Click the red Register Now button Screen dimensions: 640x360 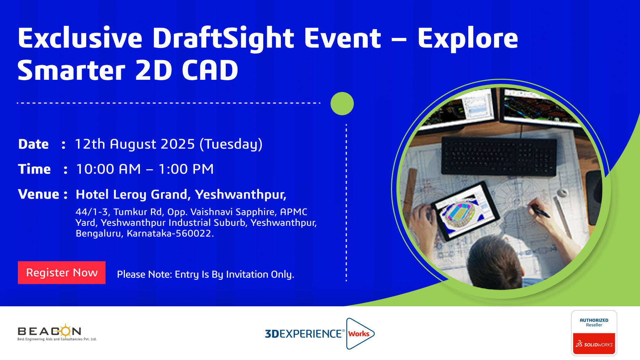point(62,273)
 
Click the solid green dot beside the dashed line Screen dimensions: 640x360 point(342,103)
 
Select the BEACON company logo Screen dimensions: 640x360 point(57,332)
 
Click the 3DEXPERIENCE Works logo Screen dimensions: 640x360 point(319,334)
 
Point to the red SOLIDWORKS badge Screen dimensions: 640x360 point(594,344)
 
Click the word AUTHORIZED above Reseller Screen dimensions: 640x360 point(594,320)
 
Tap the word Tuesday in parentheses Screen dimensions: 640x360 point(231,144)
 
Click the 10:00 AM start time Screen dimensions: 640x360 point(108,169)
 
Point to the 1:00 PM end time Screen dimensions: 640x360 point(186,169)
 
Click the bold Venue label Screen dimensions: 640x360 point(39,194)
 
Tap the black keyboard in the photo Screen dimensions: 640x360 point(499,156)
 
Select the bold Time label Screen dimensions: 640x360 point(34,169)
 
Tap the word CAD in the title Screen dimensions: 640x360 point(210,70)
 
